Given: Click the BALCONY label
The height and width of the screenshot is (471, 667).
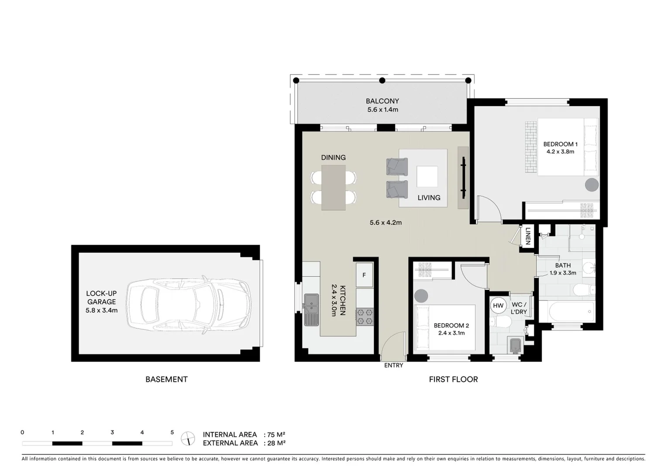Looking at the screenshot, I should (x=382, y=101).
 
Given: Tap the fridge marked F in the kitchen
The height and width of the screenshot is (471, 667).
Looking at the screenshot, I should (x=364, y=275).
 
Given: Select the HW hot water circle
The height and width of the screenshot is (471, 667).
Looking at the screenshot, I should (x=498, y=306).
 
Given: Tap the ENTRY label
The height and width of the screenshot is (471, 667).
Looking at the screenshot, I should (x=393, y=365).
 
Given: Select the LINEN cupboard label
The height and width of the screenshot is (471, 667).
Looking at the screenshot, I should (x=528, y=236).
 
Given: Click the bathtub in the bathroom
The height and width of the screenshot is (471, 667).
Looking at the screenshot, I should (x=567, y=311).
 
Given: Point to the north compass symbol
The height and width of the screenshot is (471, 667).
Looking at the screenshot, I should (x=188, y=438).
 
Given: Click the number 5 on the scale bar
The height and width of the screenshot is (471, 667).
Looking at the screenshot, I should (x=172, y=433).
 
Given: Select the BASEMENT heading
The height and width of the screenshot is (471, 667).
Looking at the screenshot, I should (x=166, y=379).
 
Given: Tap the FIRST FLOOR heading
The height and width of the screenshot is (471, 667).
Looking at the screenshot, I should (x=453, y=379).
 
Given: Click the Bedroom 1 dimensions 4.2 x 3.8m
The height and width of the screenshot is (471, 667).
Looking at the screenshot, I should (x=560, y=152).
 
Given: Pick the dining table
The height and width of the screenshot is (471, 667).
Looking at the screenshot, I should (x=333, y=188).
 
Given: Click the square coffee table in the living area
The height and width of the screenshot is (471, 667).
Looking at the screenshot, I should (x=427, y=177).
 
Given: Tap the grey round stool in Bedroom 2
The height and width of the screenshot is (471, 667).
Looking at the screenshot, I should (x=421, y=296).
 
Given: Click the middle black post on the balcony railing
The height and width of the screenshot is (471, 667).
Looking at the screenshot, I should (x=382, y=80).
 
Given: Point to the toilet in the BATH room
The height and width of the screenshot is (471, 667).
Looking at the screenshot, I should (x=583, y=290).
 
